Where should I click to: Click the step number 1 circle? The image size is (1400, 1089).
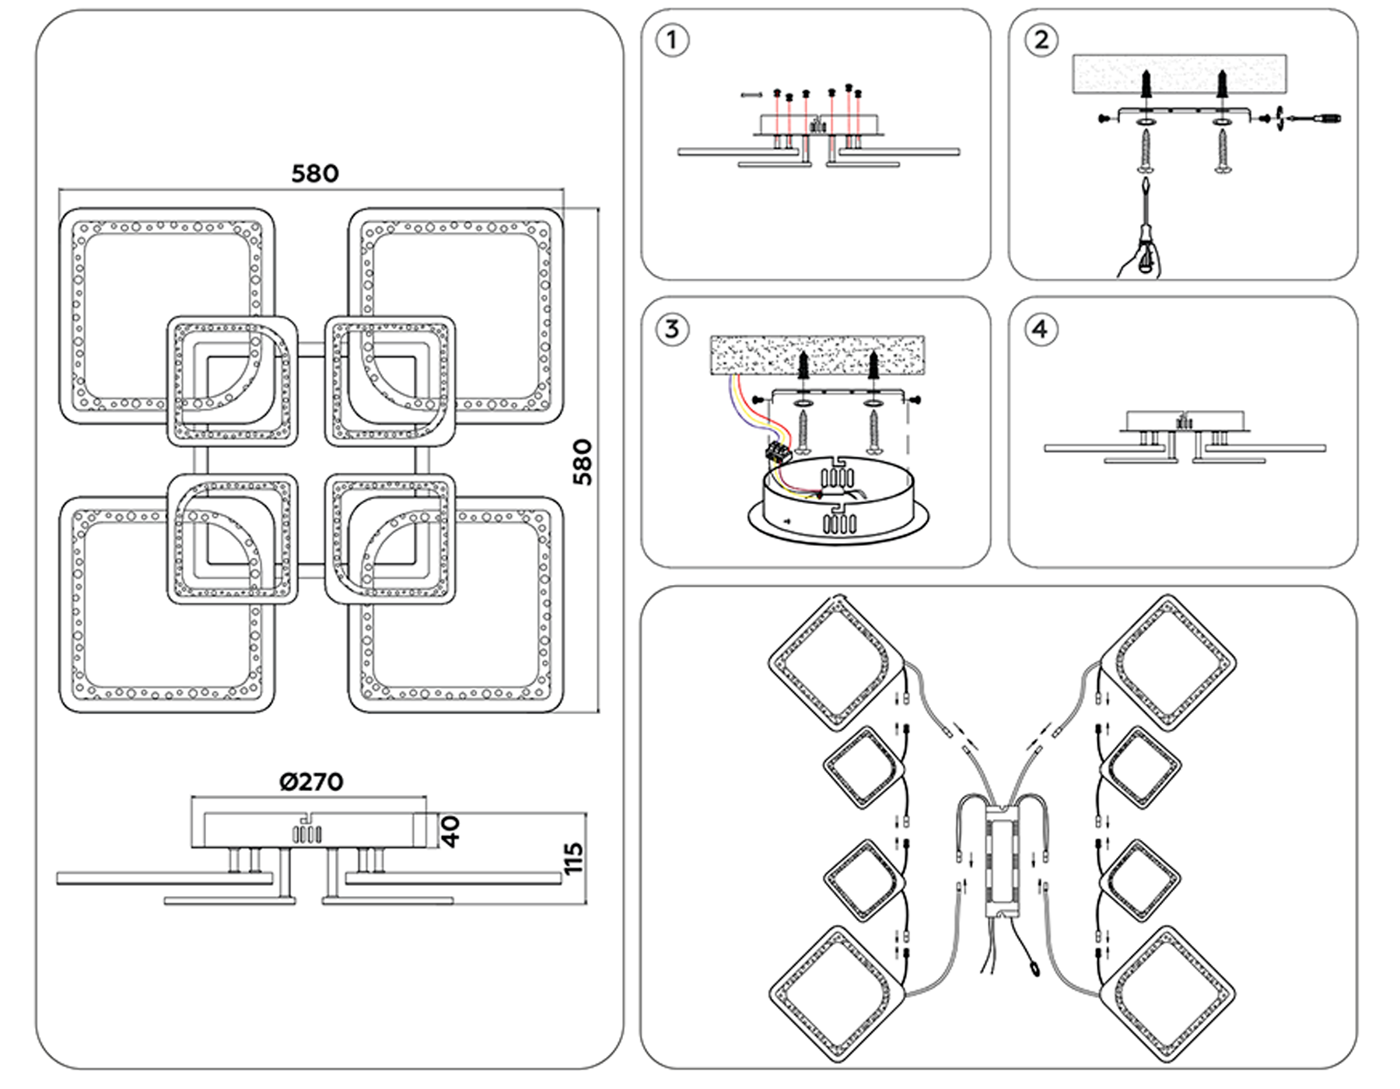pyautogui.click(x=672, y=40)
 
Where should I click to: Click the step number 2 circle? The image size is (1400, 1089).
pyautogui.click(x=1041, y=40)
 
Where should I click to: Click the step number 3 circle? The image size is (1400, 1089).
pyautogui.click(x=672, y=329)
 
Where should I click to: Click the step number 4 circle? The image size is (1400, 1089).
pyautogui.click(x=1041, y=330)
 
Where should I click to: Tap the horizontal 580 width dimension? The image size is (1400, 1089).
pyautogui.click(x=315, y=173)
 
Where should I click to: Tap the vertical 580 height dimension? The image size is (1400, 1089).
pyautogui.click(x=583, y=462)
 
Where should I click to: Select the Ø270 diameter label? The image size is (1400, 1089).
pyautogui.click(x=311, y=782)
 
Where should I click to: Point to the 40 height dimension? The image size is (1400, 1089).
pyautogui.click(x=452, y=831)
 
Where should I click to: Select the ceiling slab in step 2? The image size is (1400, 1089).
pyautogui.click(x=1178, y=75)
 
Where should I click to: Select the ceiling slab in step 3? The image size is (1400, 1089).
pyautogui.click(x=817, y=355)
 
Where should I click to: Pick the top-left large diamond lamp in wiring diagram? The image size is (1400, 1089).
pyautogui.click(x=836, y=664)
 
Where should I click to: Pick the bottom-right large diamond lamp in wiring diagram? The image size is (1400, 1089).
pyautogui.click(x=1167, y=993)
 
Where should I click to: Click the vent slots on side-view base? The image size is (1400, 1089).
pyautogui.click(x=306, y=835)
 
